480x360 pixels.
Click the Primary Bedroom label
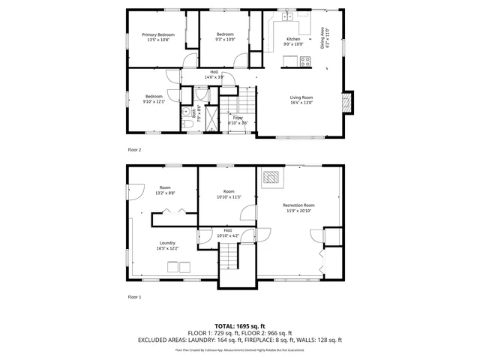pos(158,35)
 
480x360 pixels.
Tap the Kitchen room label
pos(293,39)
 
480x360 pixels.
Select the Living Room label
pos(301,97)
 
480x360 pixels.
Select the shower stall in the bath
pos(213,116)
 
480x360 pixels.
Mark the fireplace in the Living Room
pos(346,101)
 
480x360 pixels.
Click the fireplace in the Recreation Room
pos(271,178)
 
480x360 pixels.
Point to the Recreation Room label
pos(298,205)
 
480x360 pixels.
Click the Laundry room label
pos(167,242)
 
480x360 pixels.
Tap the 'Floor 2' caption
pos(134,150)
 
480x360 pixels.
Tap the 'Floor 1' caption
pos(134,297)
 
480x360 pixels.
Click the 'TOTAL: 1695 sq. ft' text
pos(239,326)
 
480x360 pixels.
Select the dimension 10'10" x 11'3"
pos(229,197)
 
